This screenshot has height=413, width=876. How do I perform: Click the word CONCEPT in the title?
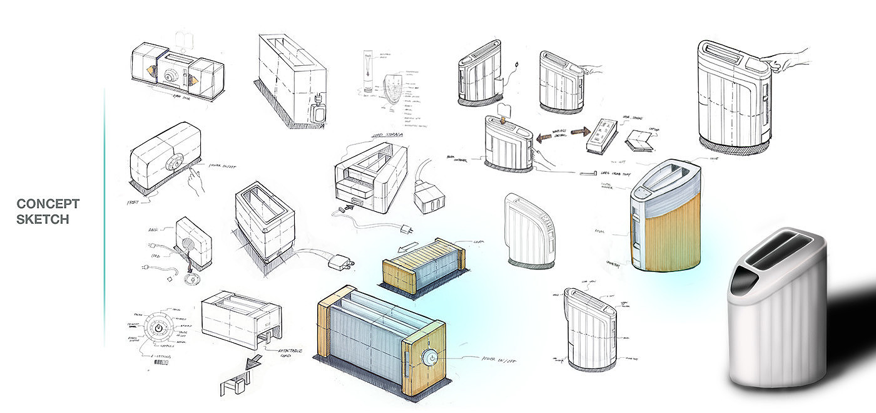[48, 204]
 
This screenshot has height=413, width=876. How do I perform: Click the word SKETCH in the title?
[43, 219]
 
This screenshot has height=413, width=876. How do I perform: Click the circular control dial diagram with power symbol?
[160, 328]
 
